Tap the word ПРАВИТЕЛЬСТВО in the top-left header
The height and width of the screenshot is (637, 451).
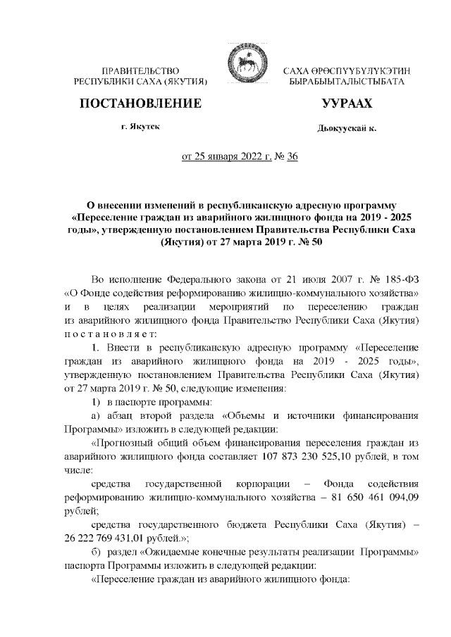click(141, 71)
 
